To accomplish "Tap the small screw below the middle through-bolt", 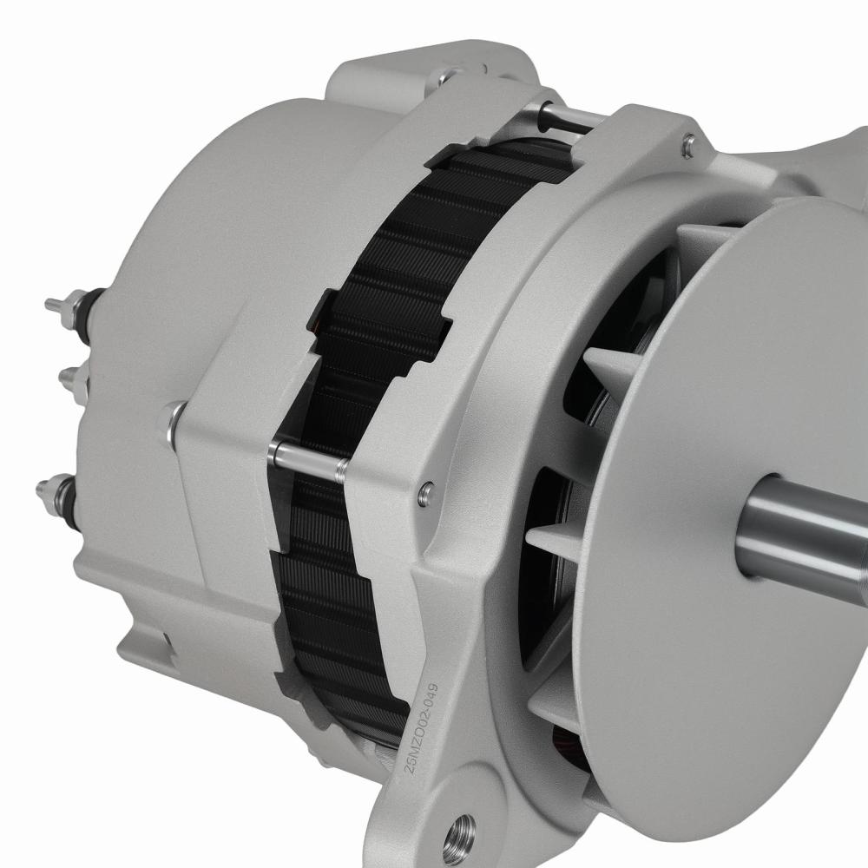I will (x=424, y=493).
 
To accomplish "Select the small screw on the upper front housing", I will (x=687, y=145).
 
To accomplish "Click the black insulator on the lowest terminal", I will (x=67, y=499).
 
